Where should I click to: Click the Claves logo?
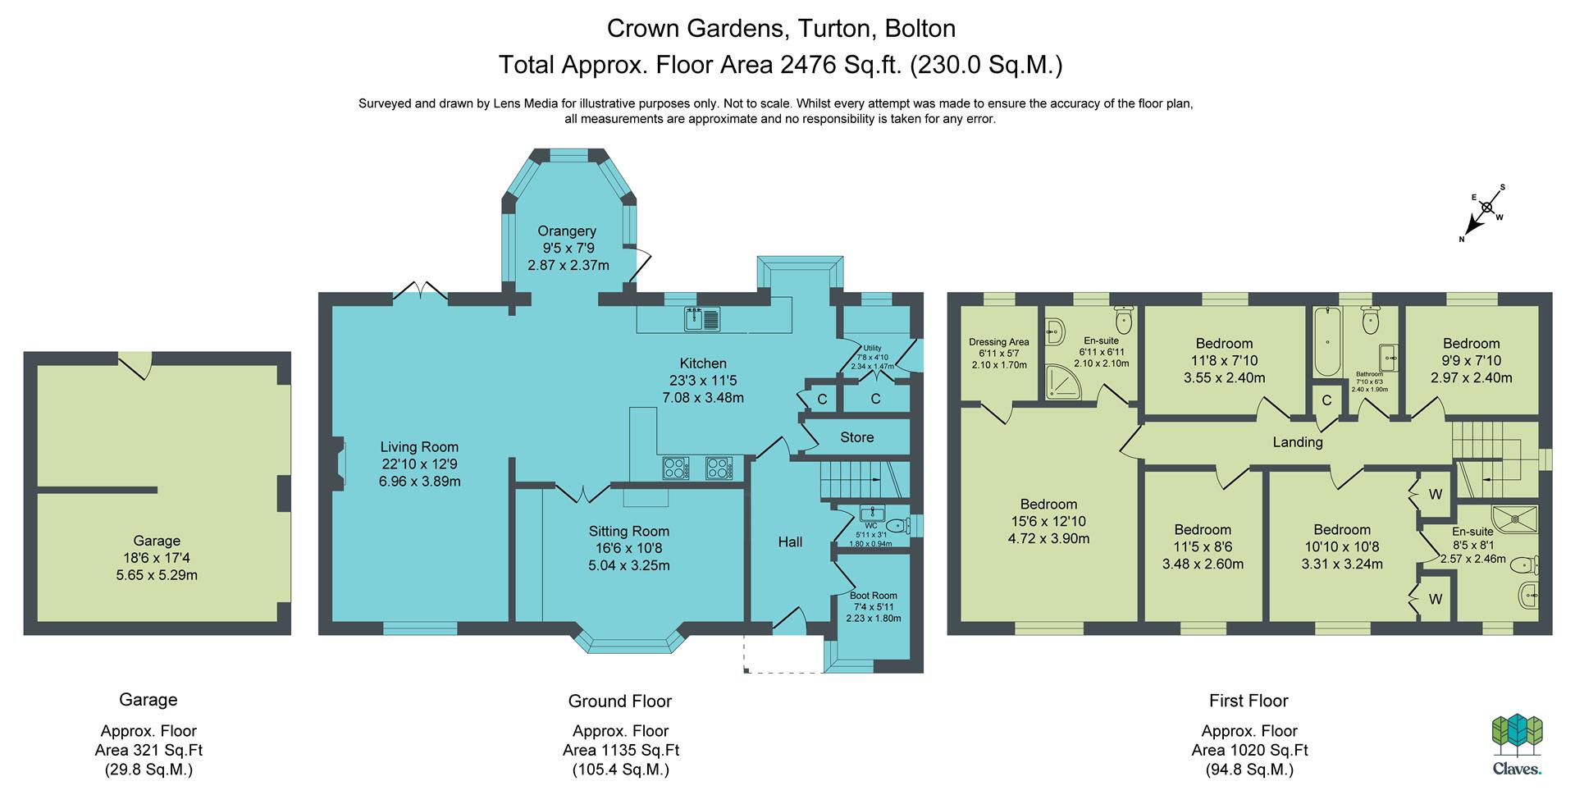point(1517,743)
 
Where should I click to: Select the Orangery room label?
point(567,231)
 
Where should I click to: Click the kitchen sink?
point(702,318)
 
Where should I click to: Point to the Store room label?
point(856,437)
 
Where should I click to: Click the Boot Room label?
point(874,596)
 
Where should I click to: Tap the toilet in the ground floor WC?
point(897,526)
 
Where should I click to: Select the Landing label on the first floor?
point(1298,442)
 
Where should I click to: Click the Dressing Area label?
point(998,342)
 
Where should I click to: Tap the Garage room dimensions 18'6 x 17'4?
point(157,558)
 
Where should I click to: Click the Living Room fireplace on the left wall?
point(338,466)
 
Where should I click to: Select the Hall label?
point(790,541)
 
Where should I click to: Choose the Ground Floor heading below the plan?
point(620,701)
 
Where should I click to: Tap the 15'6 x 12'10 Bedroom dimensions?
point(1049,521)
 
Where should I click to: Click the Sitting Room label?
point(629,532)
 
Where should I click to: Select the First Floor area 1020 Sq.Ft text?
point(1249,750)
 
